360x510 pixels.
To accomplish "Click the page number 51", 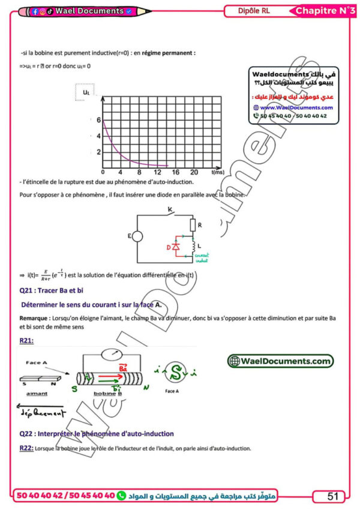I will coord(333,496).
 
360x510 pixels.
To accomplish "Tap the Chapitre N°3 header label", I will coord(326,11).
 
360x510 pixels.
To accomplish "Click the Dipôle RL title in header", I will coord(254,11).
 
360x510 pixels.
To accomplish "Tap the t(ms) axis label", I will coord(217,172).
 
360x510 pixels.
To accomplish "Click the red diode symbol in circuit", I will coord(176,247).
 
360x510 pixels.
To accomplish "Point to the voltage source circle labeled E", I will coord(137,236).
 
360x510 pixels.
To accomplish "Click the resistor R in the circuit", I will coord(193,224).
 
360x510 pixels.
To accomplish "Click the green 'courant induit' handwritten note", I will coord(200,258).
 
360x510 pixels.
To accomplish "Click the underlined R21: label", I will coord(26,340).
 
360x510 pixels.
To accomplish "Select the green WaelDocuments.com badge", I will coord(280,361).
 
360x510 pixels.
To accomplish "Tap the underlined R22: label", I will coord(26,448).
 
